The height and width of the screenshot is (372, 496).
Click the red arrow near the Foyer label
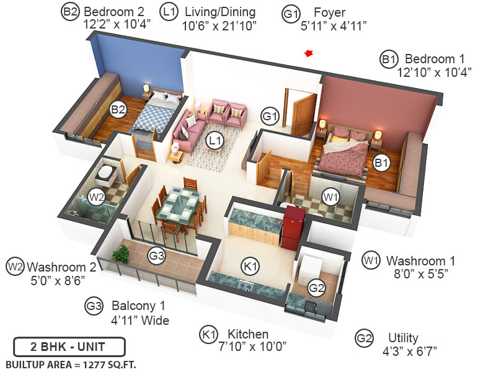point(309,54)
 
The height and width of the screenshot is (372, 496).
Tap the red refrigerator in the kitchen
point(293,226)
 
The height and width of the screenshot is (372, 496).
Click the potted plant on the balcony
point(121,253)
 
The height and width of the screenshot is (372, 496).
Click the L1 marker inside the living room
point(215,141)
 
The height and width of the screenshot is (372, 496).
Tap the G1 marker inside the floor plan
point(269,115)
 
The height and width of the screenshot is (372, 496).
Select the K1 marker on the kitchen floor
point(250,267)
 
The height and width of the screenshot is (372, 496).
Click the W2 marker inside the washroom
point(96,197)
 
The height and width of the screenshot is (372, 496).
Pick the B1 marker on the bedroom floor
point(381,164)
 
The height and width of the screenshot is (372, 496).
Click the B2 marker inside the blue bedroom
point(118,110)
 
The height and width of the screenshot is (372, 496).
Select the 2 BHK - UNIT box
point(69,346)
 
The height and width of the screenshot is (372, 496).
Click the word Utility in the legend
point(404,338)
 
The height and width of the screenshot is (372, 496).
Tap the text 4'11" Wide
point(139,320)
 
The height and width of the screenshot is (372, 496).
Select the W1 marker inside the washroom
point(330,197)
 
